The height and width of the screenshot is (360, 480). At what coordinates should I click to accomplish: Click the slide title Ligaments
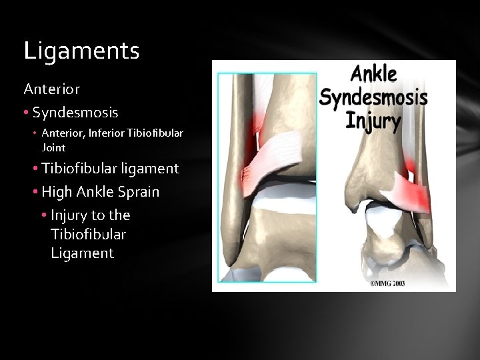point(81,51)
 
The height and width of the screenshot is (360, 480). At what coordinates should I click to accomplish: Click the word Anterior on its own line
point(52,88)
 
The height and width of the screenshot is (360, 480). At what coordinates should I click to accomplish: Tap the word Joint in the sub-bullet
point(53,147)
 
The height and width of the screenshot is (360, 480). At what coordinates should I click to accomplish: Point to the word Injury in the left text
point(71,215)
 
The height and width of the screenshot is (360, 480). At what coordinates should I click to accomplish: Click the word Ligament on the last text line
point(82,253)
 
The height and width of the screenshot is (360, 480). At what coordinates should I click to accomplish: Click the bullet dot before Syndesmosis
point(27,111)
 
